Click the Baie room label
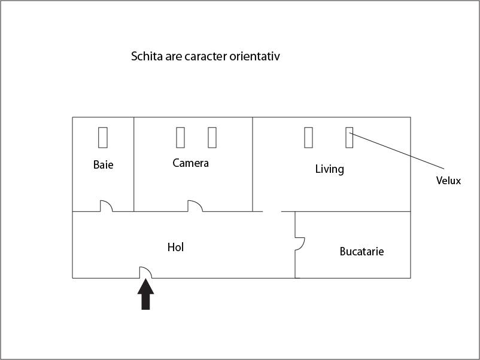[x=103, y=164]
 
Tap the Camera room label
[x=191, y=163]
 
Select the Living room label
[x=330, y=169]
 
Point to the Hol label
[x=176, y=247]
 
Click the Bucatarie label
[x=362, y=251]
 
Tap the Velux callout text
[x=448, y=181]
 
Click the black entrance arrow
[x=145, y=294]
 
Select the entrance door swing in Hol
[x=145, y=272]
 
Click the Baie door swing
[x=106, y=206]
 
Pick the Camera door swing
[x=195, y=206]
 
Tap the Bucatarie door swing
[x=300, y=244]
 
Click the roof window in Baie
[x=103, y=138]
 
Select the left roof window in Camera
[x=181, y=138]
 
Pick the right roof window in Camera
[x=212, y=138]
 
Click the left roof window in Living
[x=309, y=138]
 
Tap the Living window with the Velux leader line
[x=350, y=138]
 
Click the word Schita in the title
[x=147, y=56]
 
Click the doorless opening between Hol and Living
[x=272, y=211]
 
